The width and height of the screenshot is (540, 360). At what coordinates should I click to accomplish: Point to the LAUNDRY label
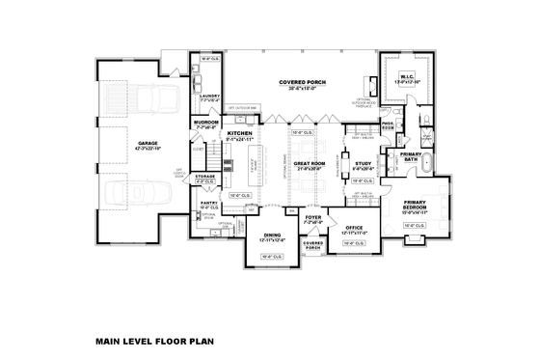point(209,96)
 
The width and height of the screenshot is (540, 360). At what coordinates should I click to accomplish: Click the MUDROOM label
point(206,123)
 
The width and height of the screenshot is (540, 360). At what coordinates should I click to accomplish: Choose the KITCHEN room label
point(239,133)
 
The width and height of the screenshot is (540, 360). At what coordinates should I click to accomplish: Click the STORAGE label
point(205,177)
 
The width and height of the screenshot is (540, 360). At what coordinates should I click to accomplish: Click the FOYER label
point(312,218)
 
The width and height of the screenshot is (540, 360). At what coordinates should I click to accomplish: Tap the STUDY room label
point(363,164)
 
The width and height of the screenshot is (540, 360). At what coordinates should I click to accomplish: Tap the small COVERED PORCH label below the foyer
point(312,245)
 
